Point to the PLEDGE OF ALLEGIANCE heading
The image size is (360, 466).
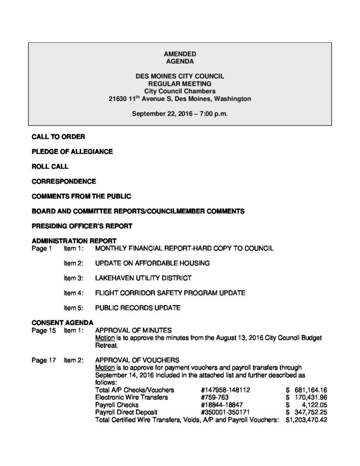pos(72,151)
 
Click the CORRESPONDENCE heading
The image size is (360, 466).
pos(64,182)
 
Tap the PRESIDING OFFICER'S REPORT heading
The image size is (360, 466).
pos(82,226)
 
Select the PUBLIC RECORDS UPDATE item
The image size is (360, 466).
pos(138,308)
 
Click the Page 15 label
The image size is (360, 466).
pos(44,331)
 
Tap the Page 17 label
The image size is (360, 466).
pos(44,360)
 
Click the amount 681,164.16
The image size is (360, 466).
pos(311,390)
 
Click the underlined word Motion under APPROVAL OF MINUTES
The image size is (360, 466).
pos(105,339)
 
